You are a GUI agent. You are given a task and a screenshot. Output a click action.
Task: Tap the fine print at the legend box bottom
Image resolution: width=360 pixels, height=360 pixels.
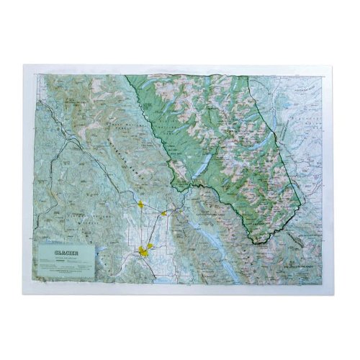63,271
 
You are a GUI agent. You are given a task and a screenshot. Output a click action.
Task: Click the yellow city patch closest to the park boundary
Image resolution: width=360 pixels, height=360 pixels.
165,213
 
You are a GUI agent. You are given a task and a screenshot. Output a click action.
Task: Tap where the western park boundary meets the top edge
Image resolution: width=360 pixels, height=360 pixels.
127,76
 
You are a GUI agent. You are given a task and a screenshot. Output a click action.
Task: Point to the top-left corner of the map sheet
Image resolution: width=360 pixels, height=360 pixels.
24,66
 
